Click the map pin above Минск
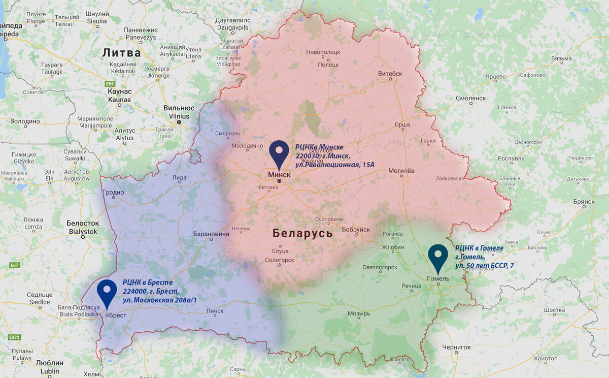coord(279,152)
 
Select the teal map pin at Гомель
coord(437,256)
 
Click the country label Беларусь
coord(302,233)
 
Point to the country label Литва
coord(121,52)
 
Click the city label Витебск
coord(390,74)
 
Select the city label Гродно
coord(113,193)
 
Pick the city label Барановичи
coord(211,234)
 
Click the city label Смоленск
coord(470,98)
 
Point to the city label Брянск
coord(584,202)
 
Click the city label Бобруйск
coord(356,230)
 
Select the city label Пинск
coord(215,311)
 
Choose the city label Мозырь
coord(359,313)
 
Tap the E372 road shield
coord(14,337)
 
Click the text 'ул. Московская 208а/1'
coord(159,300)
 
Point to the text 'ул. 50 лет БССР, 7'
coord(485,266)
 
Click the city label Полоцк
coord(328,65)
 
